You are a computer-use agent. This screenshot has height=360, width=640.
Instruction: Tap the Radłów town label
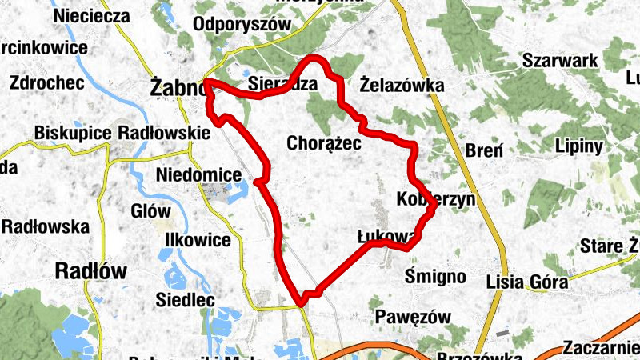[x=91, y=270]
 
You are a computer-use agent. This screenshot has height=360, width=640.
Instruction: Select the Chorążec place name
[x=323, y=143]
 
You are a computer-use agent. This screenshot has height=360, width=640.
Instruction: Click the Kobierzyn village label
[x=435, y=198]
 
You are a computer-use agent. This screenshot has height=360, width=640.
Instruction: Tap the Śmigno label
[x=435, y=276]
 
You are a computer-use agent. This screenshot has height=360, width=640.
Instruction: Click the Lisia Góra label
[x=527, y=282]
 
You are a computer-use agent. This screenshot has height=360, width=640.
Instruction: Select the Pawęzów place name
[x=413, y=317]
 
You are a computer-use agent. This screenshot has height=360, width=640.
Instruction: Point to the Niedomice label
[x=199, y=174]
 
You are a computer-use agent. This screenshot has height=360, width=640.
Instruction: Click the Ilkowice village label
[x=197, y=240]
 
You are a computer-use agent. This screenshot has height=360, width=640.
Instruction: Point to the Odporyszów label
[x=241, y=24]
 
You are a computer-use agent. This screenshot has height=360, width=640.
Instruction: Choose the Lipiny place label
[x=578, y=146]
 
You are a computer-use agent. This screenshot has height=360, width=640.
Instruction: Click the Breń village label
[x=484, y=150]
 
